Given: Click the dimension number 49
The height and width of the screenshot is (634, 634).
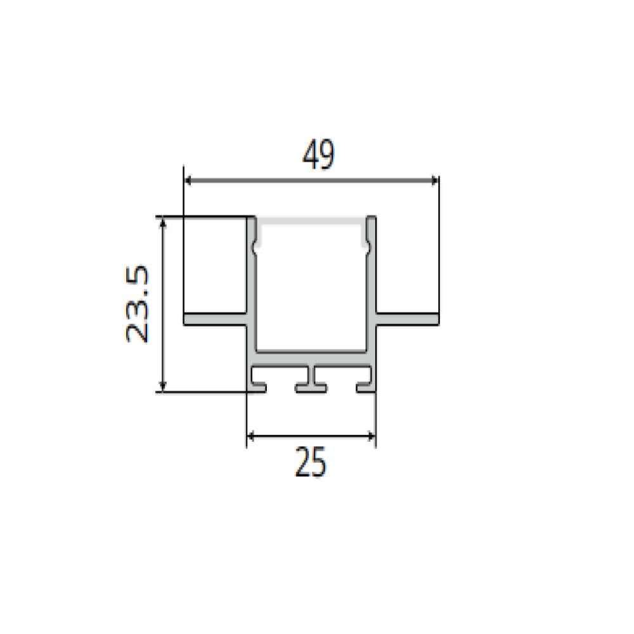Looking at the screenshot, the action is click(319, 154).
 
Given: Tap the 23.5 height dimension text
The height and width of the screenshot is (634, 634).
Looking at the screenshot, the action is click(138, 304).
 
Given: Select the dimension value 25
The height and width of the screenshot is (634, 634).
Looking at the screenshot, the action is click(310, 462).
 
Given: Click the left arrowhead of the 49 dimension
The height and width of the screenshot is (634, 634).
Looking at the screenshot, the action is click(188, 180).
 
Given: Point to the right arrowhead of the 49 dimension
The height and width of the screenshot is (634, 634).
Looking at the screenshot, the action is click(435, 180).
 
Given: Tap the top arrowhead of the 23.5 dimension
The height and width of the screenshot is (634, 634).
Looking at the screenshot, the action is click(162, 221).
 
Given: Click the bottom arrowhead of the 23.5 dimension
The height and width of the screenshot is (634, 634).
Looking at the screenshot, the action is click(162, 387).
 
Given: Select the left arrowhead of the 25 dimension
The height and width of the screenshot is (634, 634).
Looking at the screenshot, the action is click(250, 436).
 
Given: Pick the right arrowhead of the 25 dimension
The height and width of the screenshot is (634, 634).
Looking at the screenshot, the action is click(372, 436).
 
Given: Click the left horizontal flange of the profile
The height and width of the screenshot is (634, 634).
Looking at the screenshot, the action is click(215, 319).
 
